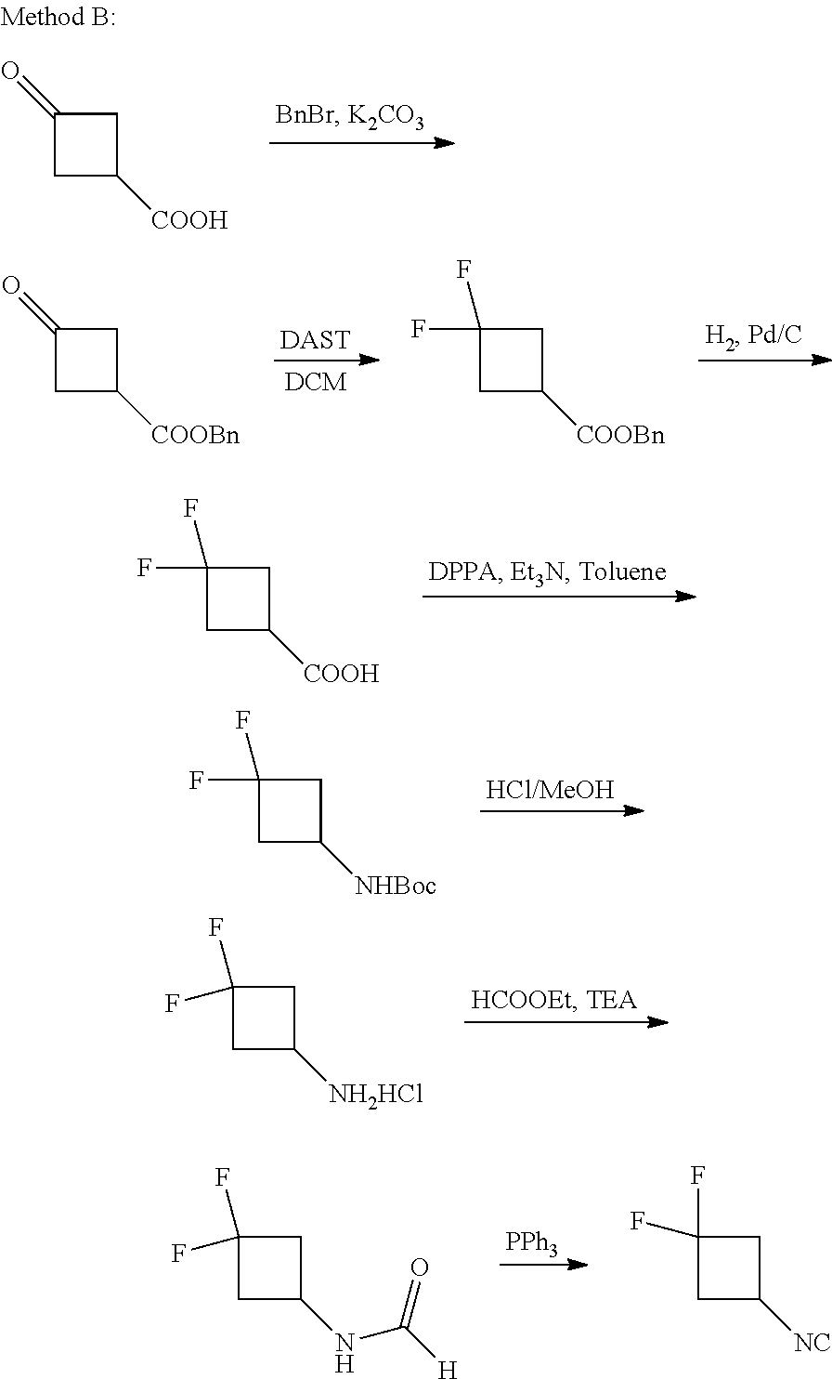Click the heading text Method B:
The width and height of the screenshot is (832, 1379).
coord(58,18)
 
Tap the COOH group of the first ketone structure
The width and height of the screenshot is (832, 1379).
coord(189,220)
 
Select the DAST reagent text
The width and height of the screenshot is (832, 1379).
coord(316,340)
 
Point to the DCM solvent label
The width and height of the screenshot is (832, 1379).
coord(316,382)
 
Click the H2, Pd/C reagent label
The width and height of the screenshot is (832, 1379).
coord(753,335)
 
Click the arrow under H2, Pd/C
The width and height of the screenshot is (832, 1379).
coord(763,360)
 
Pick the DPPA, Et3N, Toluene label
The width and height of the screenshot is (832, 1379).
coord(547,571)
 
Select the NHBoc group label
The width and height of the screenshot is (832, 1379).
coord(396,886)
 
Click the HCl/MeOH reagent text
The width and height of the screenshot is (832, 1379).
coord(550,789)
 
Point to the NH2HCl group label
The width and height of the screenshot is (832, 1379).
coord(375,1095)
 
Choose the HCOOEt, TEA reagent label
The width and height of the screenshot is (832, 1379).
coord(553,1000)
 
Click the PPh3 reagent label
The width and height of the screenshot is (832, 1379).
coord(531,1243)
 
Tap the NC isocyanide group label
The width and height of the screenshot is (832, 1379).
coord(811,1342)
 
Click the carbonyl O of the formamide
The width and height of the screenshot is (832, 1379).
coord(420,1267)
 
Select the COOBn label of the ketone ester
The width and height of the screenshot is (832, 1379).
coord(196,435)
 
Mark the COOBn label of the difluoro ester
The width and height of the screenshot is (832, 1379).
coord(620,435)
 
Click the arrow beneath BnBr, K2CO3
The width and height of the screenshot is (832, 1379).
coord(361,143)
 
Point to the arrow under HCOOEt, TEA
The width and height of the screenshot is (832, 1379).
coord(565,1022)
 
